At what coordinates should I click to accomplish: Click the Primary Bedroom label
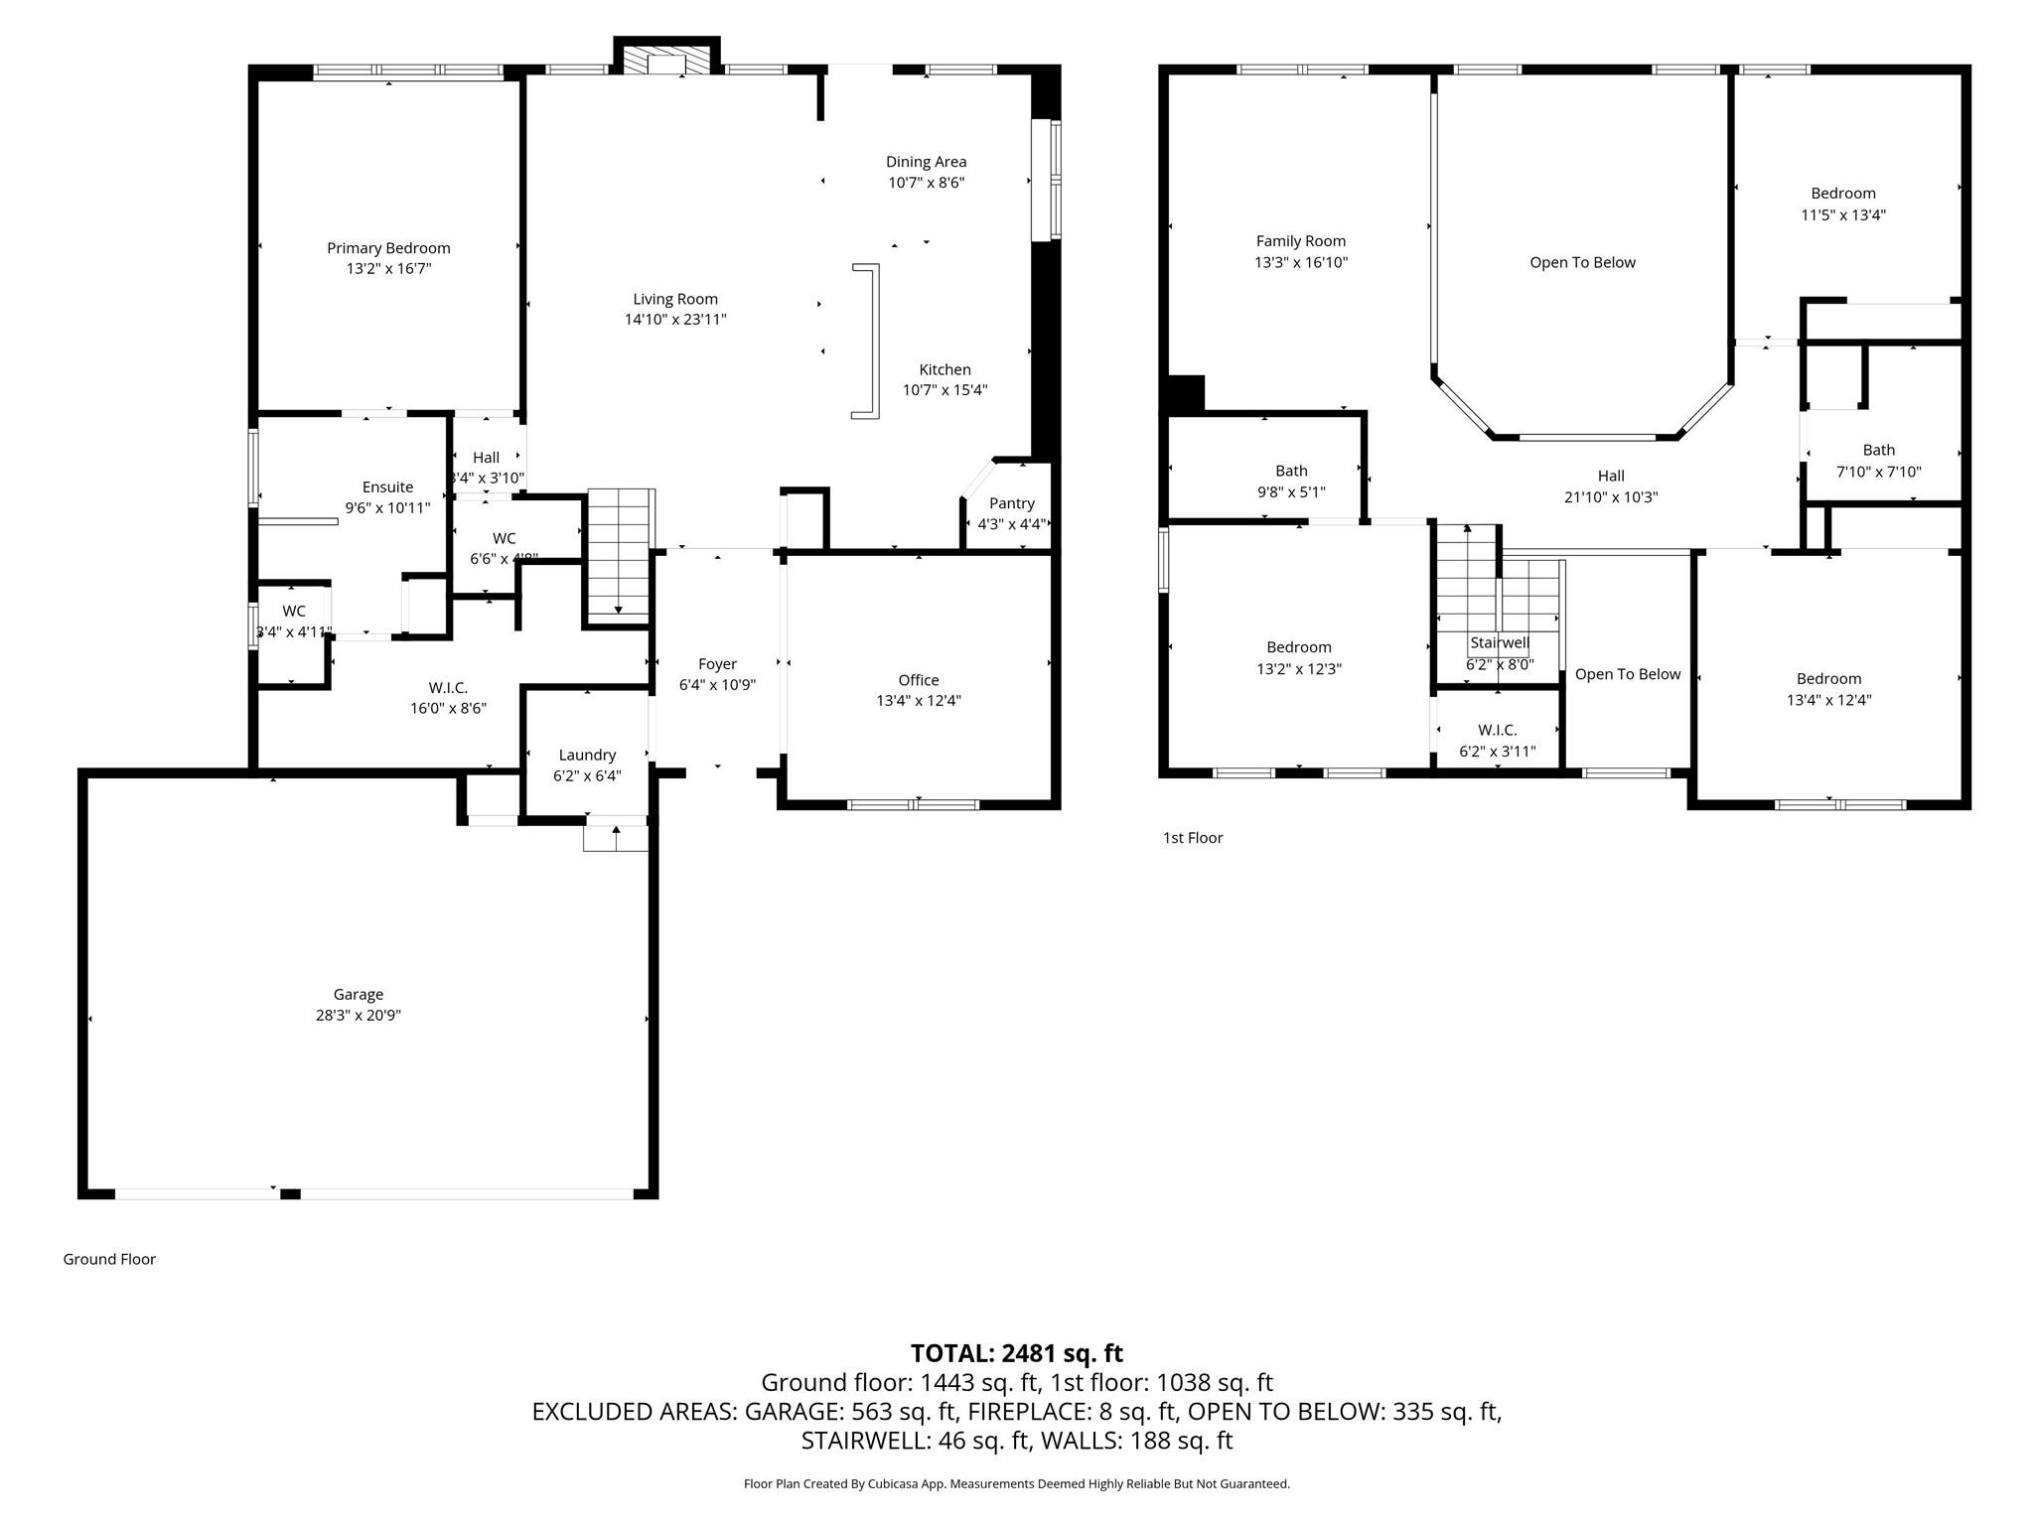pyautogui.click(x=388, y=248)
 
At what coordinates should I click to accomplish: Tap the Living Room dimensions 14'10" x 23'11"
pyautogui.click(x=675, y=320)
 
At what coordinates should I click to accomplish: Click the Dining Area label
pyautogui.click(x=926, y=162)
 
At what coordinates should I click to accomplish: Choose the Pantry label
pyautogui.click(x=1011, y=503)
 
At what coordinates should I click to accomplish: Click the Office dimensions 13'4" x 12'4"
pyautogui.click(x=918, y=701)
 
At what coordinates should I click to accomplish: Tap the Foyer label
pyautogui.click(x=717, y=664)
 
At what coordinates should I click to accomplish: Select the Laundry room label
pyautogui.click(x=587, y=755)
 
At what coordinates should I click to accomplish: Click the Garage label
pyautogui.click(x=358, y=994)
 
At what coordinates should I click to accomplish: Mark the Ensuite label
pyautogui.click(x=387, y=486)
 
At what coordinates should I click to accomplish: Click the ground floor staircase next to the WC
pyautogui.click(x=620, y=554)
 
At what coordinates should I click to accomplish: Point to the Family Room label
pyautogui.click(x=1300, y=241)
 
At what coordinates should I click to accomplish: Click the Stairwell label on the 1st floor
pyautogui.click(x=1499, y=643)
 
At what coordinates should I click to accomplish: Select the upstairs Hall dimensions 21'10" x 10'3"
pyautogui.click(x=1611, y=497)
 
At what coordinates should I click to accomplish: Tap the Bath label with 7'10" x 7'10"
pyautogui.click(x=1878, y=450)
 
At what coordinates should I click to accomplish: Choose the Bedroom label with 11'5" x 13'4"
pyautogui.click(x=1842, y=194)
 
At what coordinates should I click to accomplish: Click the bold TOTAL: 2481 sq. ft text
pyautogui.click(x=1016, y=1352)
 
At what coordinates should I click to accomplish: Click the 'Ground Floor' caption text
pyautogui.click(x=109, y=1259)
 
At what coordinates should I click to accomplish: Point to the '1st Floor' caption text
pyautogui.click(x=1192, y=838)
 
